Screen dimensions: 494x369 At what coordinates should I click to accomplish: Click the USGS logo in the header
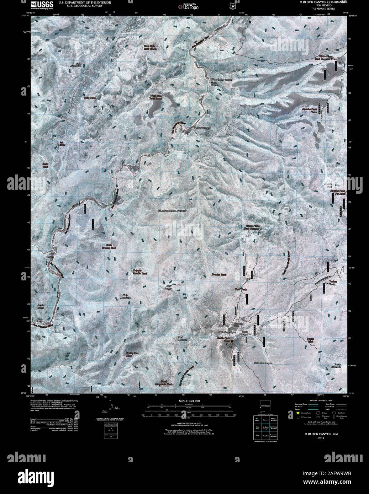pyautogui.click(x=42, y=5)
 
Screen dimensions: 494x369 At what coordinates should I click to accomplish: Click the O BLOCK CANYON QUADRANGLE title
pyautogui.click(x=323, y=2)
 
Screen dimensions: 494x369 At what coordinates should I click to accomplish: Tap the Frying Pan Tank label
pyautogui.click(x=134, y=354)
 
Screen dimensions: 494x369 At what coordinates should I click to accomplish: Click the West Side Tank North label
pyautogui.click(x=150, y=48)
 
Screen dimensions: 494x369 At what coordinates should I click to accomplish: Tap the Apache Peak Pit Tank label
pyautogui.click(x=338, y=192)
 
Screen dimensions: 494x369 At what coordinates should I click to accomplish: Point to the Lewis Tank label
pyautogui.click(x=41, y=306)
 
